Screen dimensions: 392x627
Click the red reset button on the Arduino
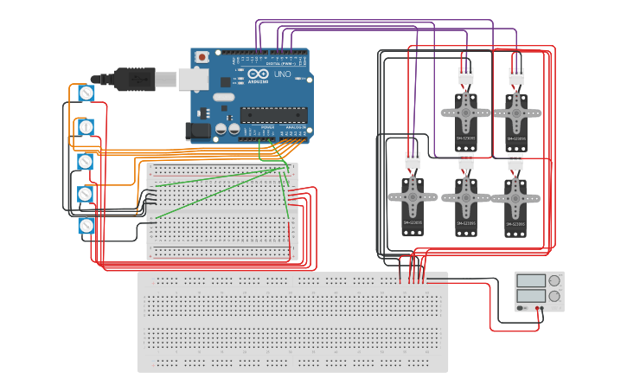click(x=202, y=57)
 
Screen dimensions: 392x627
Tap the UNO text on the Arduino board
click(x=282, y=74)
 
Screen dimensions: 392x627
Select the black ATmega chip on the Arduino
click(x=273, y=113)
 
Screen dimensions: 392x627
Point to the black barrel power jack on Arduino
click(x=196, y=132)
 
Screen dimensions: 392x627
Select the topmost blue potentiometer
click(x=86, y=93)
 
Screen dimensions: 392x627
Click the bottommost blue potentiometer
click(x=86, y=226)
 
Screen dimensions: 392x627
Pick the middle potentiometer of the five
click(x=86, y=161)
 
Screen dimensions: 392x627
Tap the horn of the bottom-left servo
click(x=413, y=196)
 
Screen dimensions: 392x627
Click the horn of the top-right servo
click(x=516, y=112)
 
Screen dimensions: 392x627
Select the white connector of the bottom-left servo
click(x=413, y=160)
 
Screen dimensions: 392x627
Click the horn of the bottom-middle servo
click(x=466, y=196)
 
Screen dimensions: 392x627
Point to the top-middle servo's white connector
click(x=466, y=76)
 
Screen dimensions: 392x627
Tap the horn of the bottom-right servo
click(x=515, y=196)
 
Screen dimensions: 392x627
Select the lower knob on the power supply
click(x=553, y=296)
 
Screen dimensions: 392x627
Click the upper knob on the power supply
click(x=553, y=280)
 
